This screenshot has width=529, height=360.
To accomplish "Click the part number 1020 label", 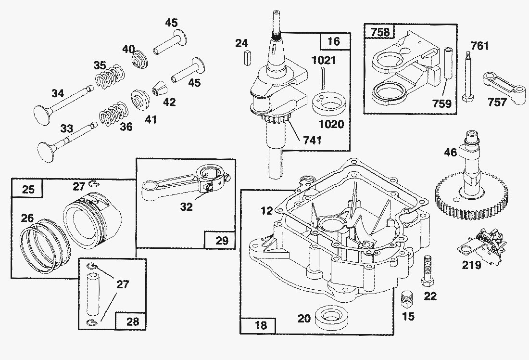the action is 331,124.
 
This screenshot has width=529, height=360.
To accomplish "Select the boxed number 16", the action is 334,41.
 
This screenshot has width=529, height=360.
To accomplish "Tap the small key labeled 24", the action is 247,57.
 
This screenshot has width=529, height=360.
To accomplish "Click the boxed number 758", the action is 380,32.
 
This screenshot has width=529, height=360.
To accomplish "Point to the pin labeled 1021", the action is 323,78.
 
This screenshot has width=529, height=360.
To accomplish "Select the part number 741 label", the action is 312,140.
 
